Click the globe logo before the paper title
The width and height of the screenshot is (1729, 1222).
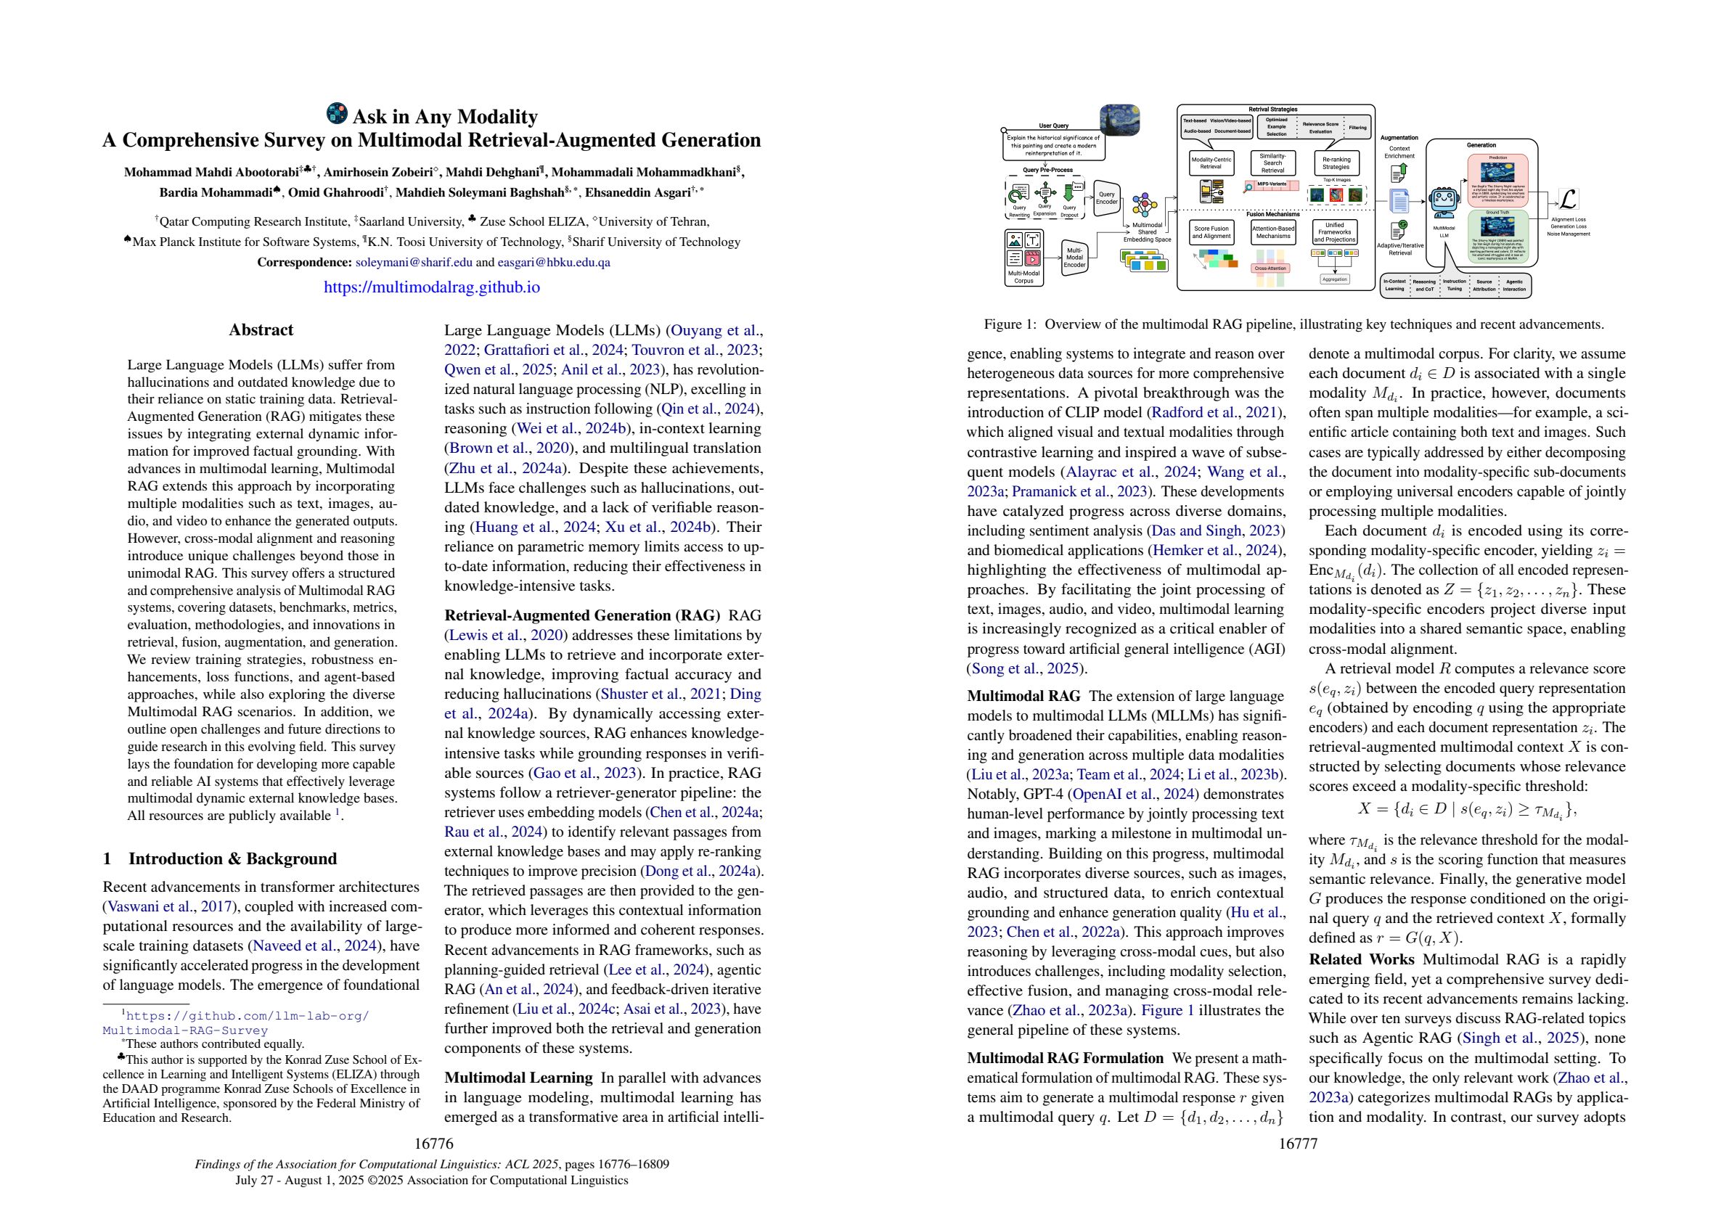click(x=337, y=114)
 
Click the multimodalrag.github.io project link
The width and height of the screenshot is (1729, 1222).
click(x=431, y=287)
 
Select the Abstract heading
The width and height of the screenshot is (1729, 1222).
click(x=261, y=329)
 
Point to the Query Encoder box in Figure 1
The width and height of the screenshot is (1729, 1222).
click(x=1106, y=198)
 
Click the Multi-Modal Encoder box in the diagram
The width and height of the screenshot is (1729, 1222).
click(x=1074, y=258)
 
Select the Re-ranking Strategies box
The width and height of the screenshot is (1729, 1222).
click(x=1336, y=163)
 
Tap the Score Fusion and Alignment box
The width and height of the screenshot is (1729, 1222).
click(x=1211, y=232)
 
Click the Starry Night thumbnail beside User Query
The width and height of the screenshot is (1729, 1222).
click(x=1119, y=120)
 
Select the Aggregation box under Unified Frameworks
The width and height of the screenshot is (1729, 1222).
click(x=1334, y=279)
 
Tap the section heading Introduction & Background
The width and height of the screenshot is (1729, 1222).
click(x=232, y=859)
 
